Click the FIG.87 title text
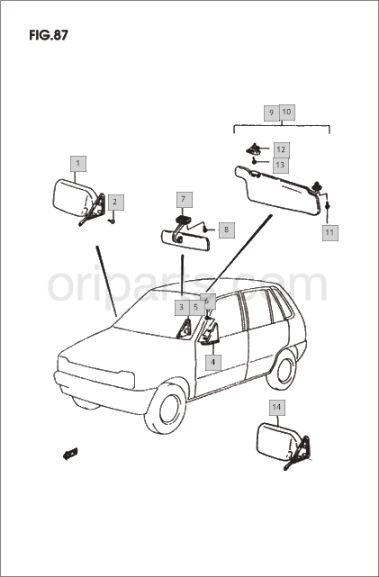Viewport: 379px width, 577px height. (49, 35)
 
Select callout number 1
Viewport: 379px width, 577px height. (78, 164)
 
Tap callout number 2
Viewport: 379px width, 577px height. (115, 203)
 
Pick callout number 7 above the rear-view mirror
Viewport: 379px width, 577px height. (184, 200)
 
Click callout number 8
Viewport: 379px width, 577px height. (226, 230)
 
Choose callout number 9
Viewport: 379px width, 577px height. (272, 113)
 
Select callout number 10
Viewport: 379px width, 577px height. (287, 112)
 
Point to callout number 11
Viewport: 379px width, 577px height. (330, 232)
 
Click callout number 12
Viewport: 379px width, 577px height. (281, 150)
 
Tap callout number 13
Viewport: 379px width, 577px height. (280, 166)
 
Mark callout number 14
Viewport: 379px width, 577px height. (276, 408)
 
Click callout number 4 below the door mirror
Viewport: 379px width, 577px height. (213, 362)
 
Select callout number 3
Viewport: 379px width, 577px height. (182, 307)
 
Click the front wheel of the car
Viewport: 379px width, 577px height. (167, 409)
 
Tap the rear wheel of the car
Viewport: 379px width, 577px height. (282, 370)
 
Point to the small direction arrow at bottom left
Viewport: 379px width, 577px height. (70, 454)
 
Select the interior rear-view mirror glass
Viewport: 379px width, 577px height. (185, 240)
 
